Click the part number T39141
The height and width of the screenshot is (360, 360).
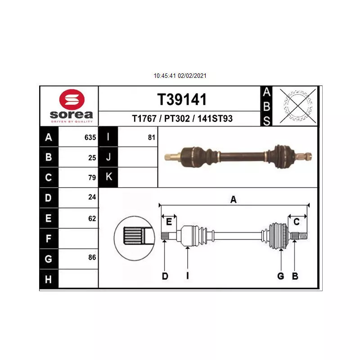182,99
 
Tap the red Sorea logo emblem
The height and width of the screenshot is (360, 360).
72,99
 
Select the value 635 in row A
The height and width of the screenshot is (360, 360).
90,137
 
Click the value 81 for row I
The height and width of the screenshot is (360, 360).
152,137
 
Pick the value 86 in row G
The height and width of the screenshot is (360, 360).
92,257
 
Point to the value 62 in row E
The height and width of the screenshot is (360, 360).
92,218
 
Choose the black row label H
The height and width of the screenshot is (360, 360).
49,279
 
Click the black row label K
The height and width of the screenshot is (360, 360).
108,177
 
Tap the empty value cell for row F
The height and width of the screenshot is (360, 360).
78,238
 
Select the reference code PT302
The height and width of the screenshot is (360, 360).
177,118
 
